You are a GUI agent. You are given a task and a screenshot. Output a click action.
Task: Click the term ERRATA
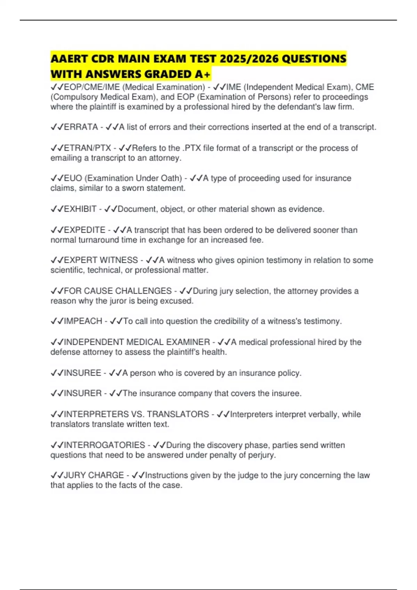pyautogui.click(x=81, y=127)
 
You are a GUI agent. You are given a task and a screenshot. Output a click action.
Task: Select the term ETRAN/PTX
pyautogui.click(x=88, y=148)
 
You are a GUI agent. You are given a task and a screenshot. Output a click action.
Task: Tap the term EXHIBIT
pyautogui.click(x=80, y=209)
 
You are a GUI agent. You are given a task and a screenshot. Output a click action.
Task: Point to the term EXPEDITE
pyautogui.click(x=85, y=230)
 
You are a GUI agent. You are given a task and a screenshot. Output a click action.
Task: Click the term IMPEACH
pyautogui.click(x=83, y=321)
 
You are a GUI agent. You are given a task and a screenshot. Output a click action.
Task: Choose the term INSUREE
pyautogui.click(x=83, y=373)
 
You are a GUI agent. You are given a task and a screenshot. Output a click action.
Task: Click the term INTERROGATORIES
pyautogui.click(x=105, y=445)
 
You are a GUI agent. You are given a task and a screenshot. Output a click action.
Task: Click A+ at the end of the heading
pyautogui.click(x=203, y=74)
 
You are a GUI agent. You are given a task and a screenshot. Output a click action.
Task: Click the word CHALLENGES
pyautogui.click(x=143, y=291)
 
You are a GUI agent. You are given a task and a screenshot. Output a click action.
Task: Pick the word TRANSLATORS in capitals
pyautogui.click(x=178, y=414)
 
